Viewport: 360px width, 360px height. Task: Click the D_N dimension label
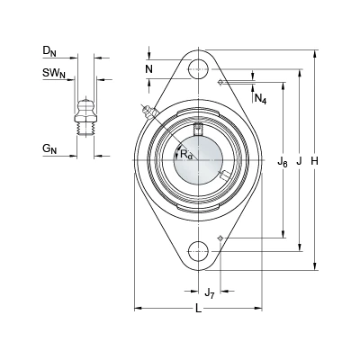tap(49, 51)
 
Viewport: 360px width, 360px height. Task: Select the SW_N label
tap(54, 74)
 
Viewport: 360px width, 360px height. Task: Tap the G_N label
tap(49, 148)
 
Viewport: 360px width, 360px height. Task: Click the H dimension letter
tap(314, 161)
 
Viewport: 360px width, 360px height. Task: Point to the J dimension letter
tap(299, 161)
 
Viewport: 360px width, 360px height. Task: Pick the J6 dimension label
tap(283, 163)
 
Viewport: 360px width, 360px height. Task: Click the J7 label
tap(210, 293)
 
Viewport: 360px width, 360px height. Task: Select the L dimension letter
tap(198, 309)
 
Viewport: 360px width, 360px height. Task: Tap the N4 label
tap(260, 99)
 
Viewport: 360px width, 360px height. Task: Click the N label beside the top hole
tap(149, 69)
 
